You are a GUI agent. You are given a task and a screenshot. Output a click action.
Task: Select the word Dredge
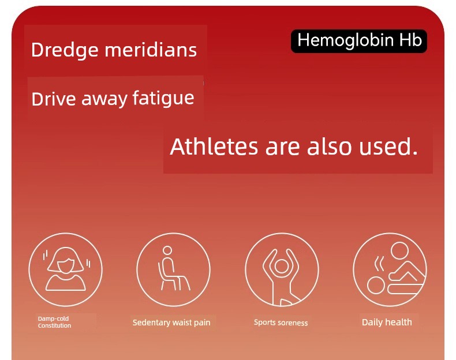(x=65, y=50)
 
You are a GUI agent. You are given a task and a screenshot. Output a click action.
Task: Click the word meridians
(x=151, y=50)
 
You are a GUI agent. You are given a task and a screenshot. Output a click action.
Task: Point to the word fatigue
(x=163, y=98)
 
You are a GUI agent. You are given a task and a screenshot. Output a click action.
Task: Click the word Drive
(x=53, y=99)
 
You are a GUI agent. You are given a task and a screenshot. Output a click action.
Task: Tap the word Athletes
(x=214, y=146)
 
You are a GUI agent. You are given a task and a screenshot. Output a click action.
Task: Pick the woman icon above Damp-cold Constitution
(x=65, y=269)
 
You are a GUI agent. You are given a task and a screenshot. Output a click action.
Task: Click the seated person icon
(x=173, y=269)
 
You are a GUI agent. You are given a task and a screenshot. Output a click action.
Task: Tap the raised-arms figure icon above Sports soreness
(x=282, y=269)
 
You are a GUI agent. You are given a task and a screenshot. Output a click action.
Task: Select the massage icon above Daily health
(x=390, y=269)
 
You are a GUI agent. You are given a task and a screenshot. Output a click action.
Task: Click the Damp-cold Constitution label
(x=54, y=322)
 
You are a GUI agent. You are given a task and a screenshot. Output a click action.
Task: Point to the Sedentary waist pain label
(x=171, y=322)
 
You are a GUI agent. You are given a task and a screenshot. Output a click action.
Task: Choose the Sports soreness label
(x=281, y=322)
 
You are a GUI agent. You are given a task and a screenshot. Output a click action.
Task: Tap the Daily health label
(x=387, y=322)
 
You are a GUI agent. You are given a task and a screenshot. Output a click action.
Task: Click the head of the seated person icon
(x=167, y=250)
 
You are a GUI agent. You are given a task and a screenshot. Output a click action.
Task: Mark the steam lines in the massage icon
(x=379, y=264)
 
